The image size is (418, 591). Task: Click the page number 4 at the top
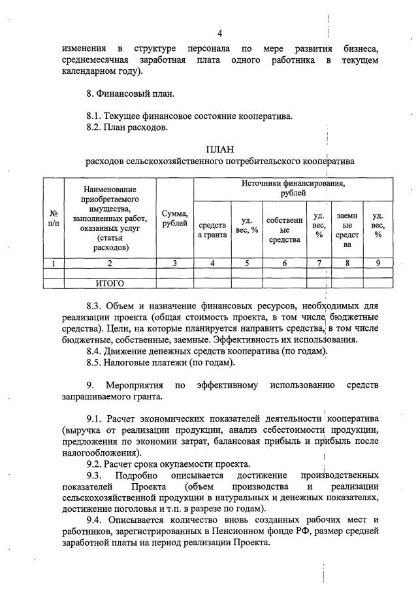[220, 34]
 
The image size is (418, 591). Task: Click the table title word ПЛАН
[219, 149]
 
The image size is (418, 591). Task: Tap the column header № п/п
[53, 218]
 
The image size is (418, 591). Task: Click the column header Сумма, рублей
[175, 218]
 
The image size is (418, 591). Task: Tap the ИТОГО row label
[110, 284]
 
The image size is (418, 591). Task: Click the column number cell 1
[53, 263]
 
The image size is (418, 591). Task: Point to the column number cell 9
[378, 263]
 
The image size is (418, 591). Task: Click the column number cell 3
[175, 263]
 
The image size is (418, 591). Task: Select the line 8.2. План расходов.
[127, 127]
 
